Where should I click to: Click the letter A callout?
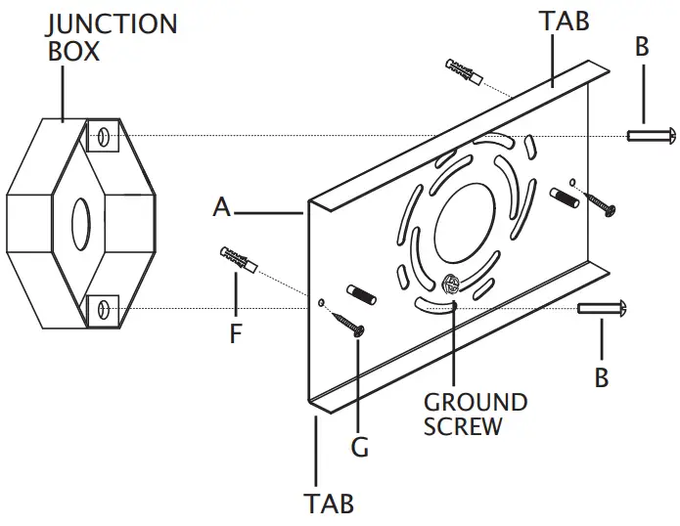222,207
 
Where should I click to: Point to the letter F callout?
235,333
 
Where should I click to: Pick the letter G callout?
359,448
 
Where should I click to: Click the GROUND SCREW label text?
476,415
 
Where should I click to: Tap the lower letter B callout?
602,376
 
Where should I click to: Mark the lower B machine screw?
601,309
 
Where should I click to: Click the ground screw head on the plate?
451,286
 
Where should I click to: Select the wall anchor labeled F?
235,260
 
